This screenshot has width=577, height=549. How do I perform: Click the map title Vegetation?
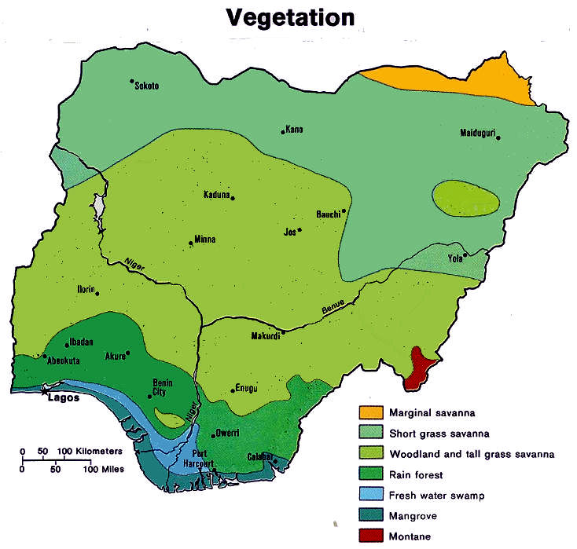click(x=290, y=16)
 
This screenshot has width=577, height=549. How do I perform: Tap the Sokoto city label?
click(x=146, y=86)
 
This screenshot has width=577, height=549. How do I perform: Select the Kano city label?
click(x=294, y=130)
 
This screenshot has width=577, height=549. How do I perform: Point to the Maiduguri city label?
click(x=476, y=133)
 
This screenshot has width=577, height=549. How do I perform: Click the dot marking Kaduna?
click(x=233, y=198)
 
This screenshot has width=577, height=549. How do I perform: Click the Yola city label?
click(x=454, y=257)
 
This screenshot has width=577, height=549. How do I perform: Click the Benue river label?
click(x=333, y=308)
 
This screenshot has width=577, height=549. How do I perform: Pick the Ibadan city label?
click(x=81, y=342)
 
